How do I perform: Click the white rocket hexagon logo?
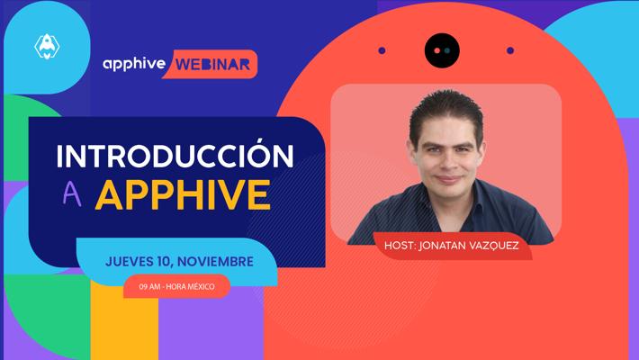coord(47,47)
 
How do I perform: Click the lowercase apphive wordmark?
coord(134,65)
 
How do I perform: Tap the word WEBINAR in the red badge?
coord(212,65)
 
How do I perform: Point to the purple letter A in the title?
coord(72,194)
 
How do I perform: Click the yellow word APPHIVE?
coord(183,194)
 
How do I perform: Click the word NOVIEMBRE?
coord(216,261)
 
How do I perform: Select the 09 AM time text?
coord(149,286)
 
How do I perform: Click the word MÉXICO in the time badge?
coord(201,286)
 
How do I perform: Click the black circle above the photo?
coord(442,50)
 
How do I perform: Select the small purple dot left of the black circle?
coord(382,50)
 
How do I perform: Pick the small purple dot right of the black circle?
coord(510,50)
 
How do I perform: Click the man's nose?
coord(447,163)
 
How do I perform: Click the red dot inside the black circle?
coord(437,50)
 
